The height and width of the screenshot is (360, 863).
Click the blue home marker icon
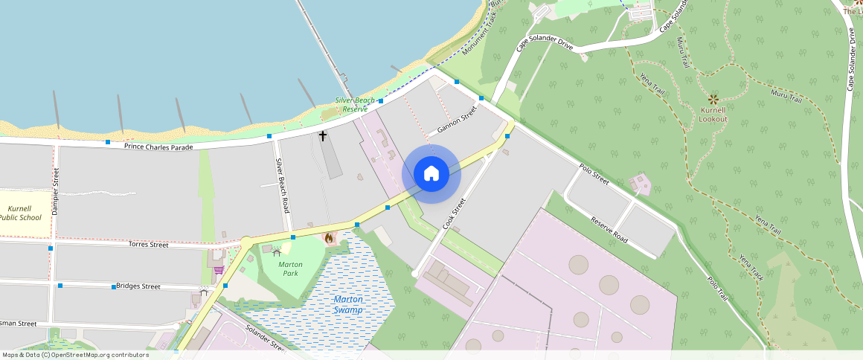[431, 174]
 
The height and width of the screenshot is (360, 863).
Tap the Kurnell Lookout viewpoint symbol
[713, 99]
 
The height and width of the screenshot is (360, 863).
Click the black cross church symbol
[323, 136]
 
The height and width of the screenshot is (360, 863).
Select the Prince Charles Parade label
[158, 147]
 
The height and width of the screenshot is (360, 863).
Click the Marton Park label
[290, 269]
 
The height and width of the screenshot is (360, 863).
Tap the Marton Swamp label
[347, 304]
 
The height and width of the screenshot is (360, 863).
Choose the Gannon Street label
[457, 120]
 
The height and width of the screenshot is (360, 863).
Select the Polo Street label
[593, 173]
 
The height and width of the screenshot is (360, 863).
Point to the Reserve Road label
[609, 230]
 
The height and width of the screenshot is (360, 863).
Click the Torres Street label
[149, 244]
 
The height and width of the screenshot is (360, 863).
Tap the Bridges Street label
[138, 286]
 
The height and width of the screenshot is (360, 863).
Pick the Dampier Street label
[56, 192]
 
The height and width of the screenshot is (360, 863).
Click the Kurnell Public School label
[20, 213]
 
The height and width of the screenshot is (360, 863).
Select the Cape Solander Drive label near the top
[545, 45]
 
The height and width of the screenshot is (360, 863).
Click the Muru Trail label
[786, 96]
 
